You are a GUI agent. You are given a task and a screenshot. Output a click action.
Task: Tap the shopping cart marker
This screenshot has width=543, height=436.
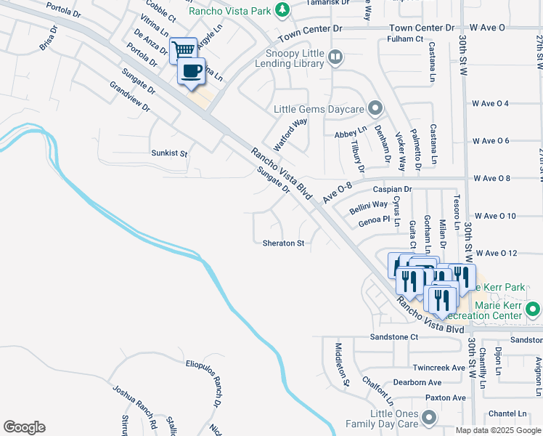pyautogui.click(x=183, y=50)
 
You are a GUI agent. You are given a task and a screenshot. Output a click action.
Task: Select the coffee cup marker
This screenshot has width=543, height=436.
pyautogui.click(x=192, y=71)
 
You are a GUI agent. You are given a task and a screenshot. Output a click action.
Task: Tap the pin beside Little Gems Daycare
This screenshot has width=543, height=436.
pyautogui.click(x=375, y=109)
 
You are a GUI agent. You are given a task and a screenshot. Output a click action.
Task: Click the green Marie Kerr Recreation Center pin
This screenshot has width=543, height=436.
pyautogui.click(x=533, y=310)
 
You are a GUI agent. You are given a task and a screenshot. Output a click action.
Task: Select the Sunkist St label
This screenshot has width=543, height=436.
pyautogui.click(x=169, y=154)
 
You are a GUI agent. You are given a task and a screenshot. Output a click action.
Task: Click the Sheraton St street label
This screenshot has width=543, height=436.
pyautogui.click(x=283, y=243)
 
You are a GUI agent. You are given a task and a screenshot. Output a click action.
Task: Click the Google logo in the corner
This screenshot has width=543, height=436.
pyautogui.click(x=24, y=427)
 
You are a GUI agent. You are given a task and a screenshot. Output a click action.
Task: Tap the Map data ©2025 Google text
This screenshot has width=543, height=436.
pyautogui.click(x=497, y=429)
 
